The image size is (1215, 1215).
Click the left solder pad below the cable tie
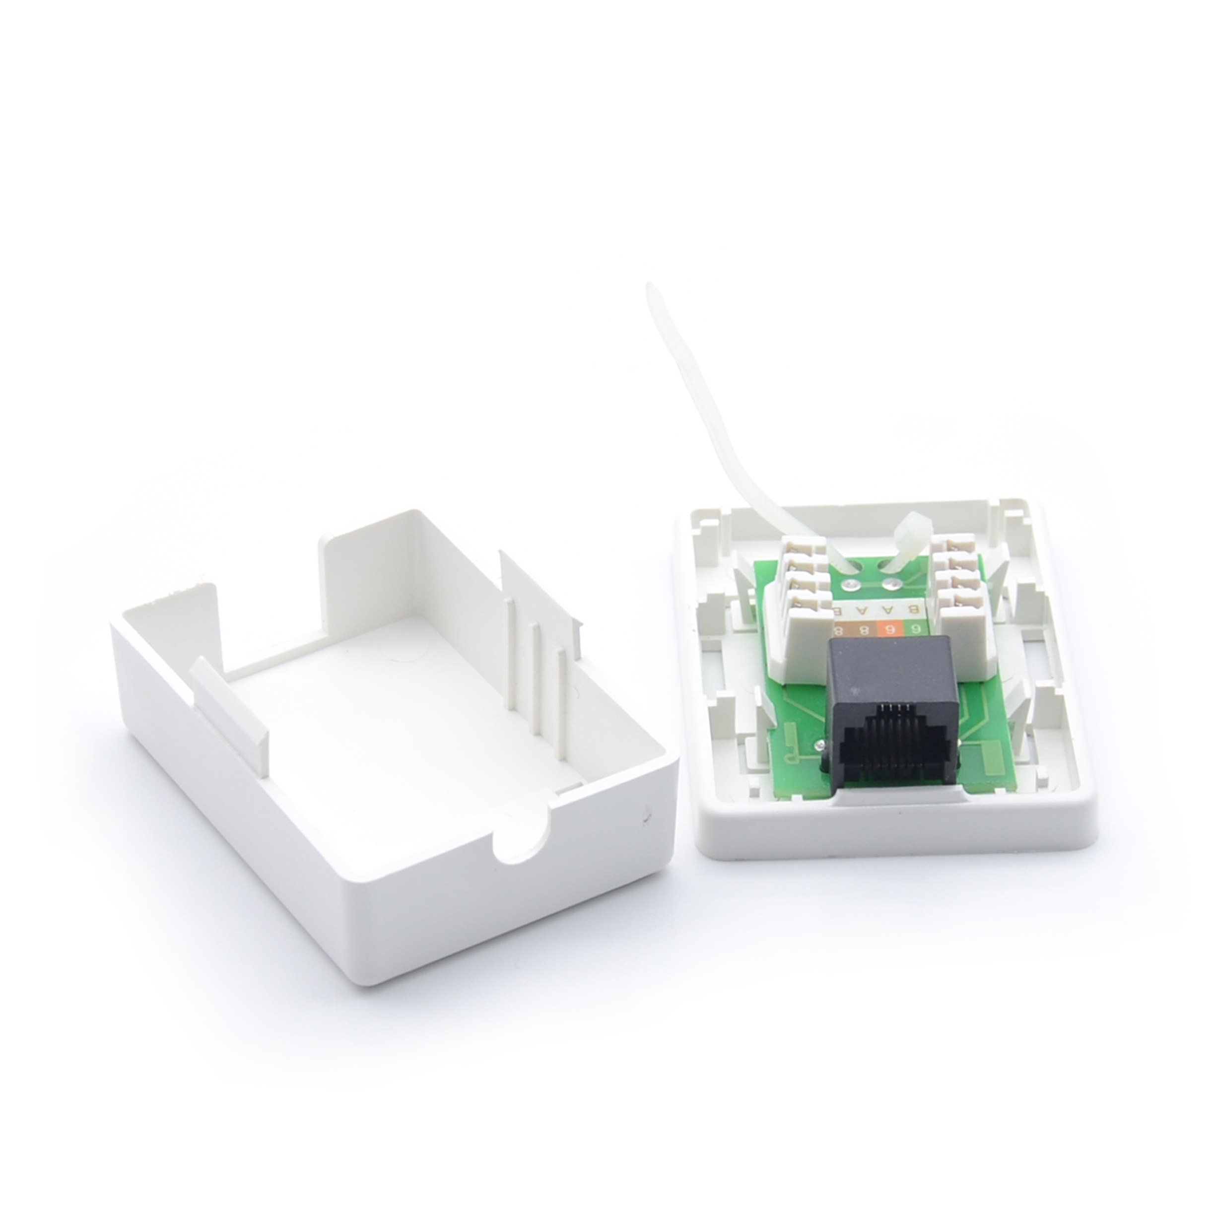tap(852, 586)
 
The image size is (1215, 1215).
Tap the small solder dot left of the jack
tap(819, 746)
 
